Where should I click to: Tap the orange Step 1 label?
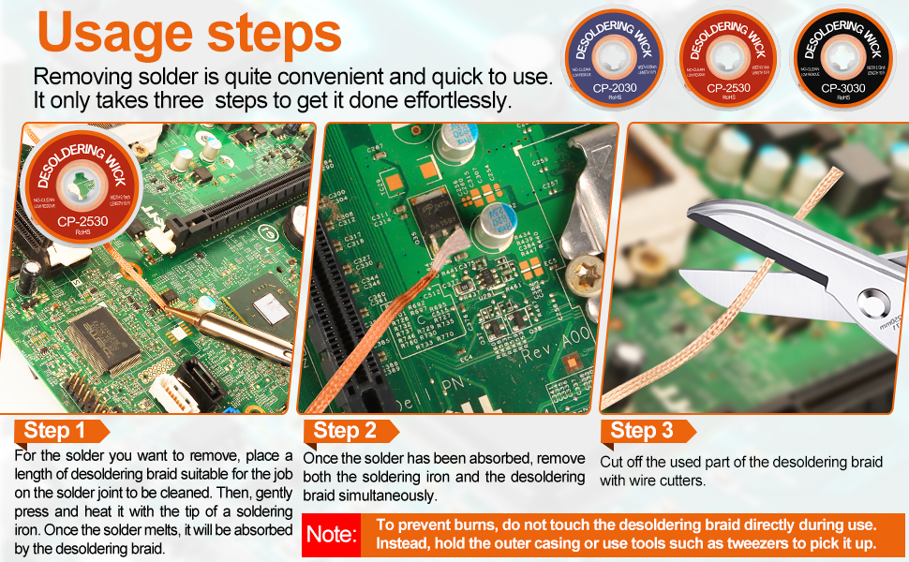pos(55,431)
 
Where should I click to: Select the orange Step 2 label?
pos(346,431)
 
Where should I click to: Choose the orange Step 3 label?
pos(643,431)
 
